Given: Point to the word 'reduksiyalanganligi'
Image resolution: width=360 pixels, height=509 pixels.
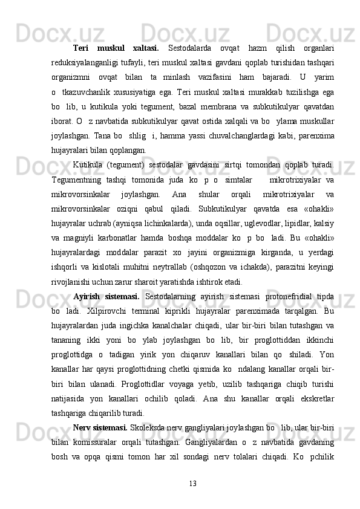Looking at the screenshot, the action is pos(90,62).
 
